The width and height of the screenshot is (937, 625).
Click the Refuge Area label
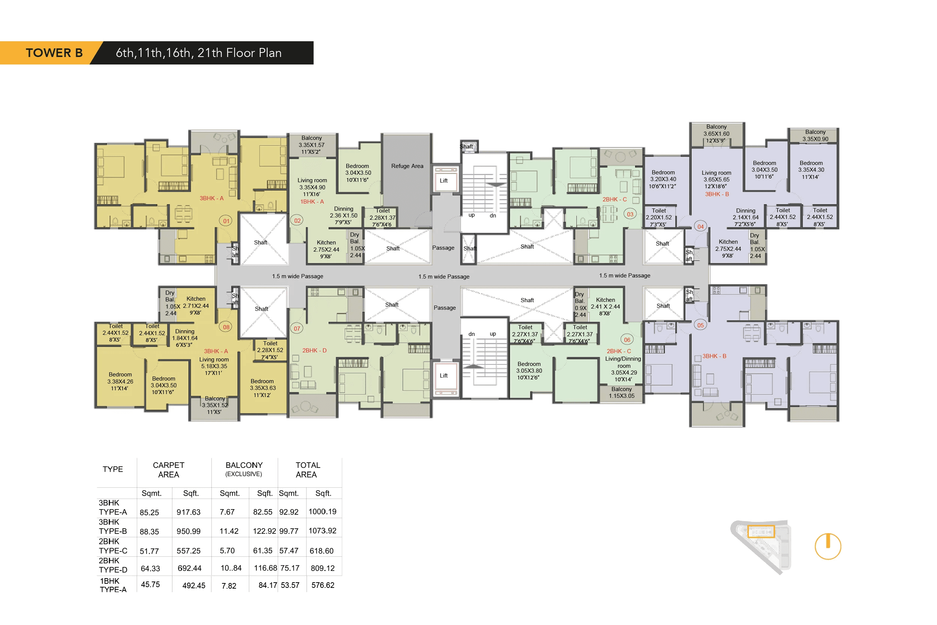[x=407, y=166]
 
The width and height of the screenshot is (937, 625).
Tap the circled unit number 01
[x=226, y=221]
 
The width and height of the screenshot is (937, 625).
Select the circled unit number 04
[x=701, y=226]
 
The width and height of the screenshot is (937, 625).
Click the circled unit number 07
[x=297, y=328]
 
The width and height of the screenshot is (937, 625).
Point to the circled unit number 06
[x=627, y=340]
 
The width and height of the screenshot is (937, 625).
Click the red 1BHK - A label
[x=312, y=202]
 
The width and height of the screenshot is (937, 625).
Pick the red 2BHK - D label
[x=314, y=350]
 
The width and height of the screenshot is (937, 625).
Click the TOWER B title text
[x=54, y=52]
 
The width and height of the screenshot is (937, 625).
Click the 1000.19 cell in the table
[x=322, y=511]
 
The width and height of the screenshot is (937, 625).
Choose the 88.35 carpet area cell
[x=150, y=531]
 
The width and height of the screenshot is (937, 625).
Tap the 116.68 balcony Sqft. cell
[x=265, y=568]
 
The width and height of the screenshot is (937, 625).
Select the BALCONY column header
[x=244, y=469]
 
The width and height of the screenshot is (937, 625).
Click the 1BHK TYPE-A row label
[x=113, y=585]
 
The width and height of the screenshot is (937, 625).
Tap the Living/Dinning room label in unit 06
[x=623, y=362]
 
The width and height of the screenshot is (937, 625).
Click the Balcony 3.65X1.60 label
[x=716, y=133]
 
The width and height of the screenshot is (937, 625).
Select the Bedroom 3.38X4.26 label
[x=120, y=381]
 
